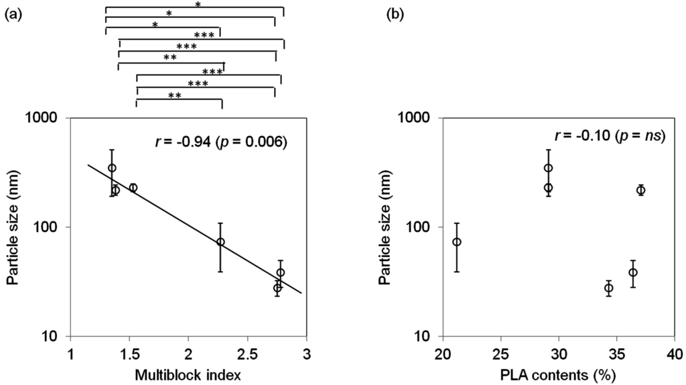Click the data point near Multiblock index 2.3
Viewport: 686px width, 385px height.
pos(220,241)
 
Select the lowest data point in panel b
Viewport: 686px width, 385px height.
pos(608,288)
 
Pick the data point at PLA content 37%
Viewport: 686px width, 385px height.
pos(640,190)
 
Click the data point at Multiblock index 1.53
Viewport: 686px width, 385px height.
pos(133,188)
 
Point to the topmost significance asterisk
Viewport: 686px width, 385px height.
pos(198,4)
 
